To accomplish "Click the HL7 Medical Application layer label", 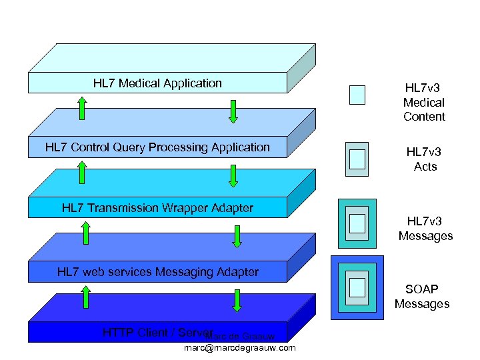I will (157, 83).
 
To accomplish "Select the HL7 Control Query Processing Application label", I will (157, 147).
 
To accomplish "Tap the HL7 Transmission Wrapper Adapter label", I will (157, 208).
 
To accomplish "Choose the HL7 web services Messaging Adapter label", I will (157, 271).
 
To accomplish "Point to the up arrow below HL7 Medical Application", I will (81, 109).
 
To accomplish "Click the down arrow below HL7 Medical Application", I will (233, 111).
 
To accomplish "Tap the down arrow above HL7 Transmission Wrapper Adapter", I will (233, 175).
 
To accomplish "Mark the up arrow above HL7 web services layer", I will (85, 233).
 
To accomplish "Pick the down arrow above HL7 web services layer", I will (237, 236).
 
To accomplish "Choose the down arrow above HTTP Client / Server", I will (237, 300).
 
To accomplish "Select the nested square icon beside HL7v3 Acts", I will (357, 159).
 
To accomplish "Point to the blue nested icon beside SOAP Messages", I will (357, 287).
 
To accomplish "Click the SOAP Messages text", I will (422, 297).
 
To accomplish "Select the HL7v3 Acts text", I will (424, 159).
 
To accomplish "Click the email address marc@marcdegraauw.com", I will (239, 348).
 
